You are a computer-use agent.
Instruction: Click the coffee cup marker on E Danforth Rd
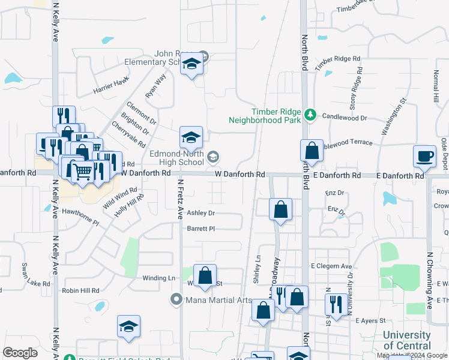(x=424, y=156)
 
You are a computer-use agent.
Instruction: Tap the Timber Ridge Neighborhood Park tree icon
(x=310, y=113)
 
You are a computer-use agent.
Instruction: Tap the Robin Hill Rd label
(x=80, y=290)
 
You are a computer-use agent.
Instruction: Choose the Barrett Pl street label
(x=200, y=229)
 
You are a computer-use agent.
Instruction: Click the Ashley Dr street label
(x=200, y=213)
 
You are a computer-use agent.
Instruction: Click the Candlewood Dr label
(x=345, y=118)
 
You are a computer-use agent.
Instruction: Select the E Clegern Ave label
(x=331, y=266)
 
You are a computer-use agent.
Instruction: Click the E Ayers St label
(x=370, y=322)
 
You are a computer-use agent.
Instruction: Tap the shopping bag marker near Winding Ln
(x=205, y=276)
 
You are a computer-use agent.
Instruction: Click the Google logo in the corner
(x=20, y=353)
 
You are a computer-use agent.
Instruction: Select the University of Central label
(x=406, y=340)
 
